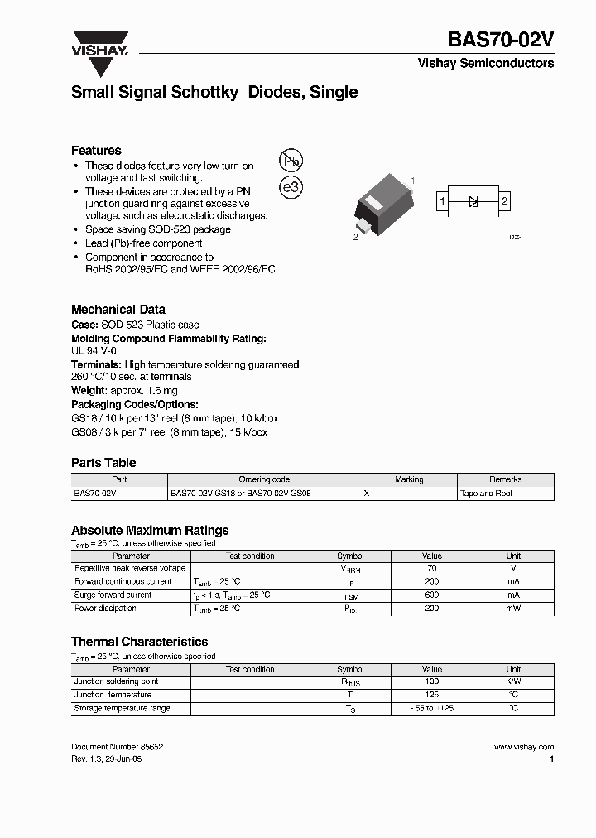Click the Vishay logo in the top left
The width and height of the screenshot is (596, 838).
click(99, 44)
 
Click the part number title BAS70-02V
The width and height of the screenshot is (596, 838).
click(501, 41)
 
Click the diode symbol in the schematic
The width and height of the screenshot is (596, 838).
click(474, 201)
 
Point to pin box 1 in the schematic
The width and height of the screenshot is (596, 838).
click(444, 201)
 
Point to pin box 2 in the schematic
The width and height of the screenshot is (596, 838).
click(504, 201)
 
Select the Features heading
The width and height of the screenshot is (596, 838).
click(96, 151)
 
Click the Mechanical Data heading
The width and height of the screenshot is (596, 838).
click(118, 309)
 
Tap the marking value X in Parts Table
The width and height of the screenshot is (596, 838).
click(367, 494)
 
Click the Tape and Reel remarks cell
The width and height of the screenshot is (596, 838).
click(486, 494)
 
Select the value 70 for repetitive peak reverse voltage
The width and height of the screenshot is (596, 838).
click(431, 569)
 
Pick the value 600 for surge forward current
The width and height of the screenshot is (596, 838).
click(431, 595)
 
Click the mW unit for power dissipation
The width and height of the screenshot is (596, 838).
click(513, 609)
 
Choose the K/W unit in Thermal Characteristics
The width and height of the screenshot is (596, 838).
click(513, 681)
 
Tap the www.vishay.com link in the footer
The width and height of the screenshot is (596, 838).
click(523, 747)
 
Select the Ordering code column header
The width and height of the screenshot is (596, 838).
click(265, 479)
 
